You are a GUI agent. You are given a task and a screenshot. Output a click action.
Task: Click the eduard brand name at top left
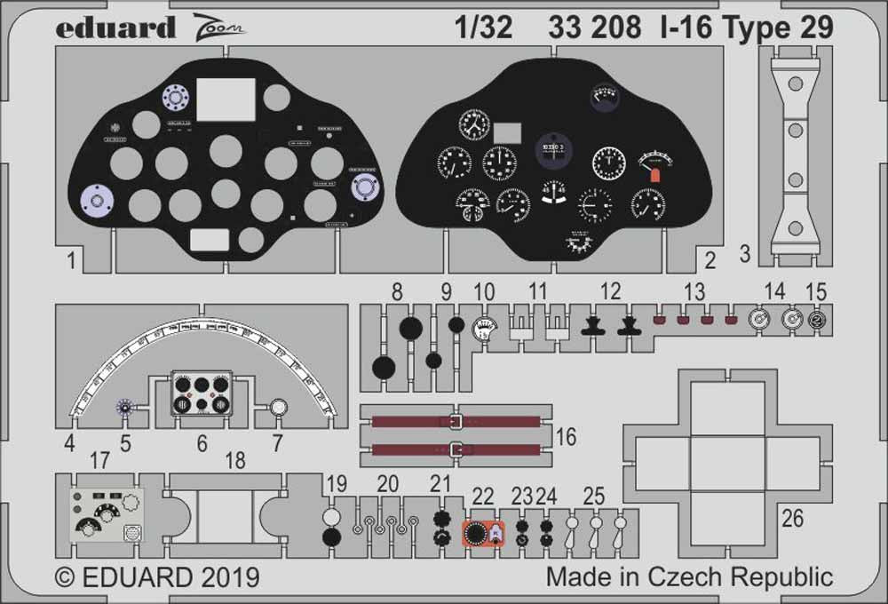tap(115, 28)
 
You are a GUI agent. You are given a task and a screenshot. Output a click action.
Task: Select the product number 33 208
tap(594, 28)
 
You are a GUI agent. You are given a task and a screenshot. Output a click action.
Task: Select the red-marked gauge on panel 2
tap(654, 165)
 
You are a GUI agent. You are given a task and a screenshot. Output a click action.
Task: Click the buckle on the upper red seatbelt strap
tap(456, 422)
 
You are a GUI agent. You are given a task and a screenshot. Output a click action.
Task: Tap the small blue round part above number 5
tap(126, 408)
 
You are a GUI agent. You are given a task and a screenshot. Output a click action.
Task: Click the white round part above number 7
tap(278, 408)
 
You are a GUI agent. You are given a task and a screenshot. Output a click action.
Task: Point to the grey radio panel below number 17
tap(107, 515)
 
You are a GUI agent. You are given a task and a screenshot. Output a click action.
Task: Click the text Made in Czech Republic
tap(689, 576)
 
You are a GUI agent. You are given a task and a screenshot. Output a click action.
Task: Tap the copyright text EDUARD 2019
tap(157, 576)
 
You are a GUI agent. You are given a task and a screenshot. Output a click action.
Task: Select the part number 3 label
tap(745, 256)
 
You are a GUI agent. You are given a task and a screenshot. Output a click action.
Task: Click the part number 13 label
tap(694, 290)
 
